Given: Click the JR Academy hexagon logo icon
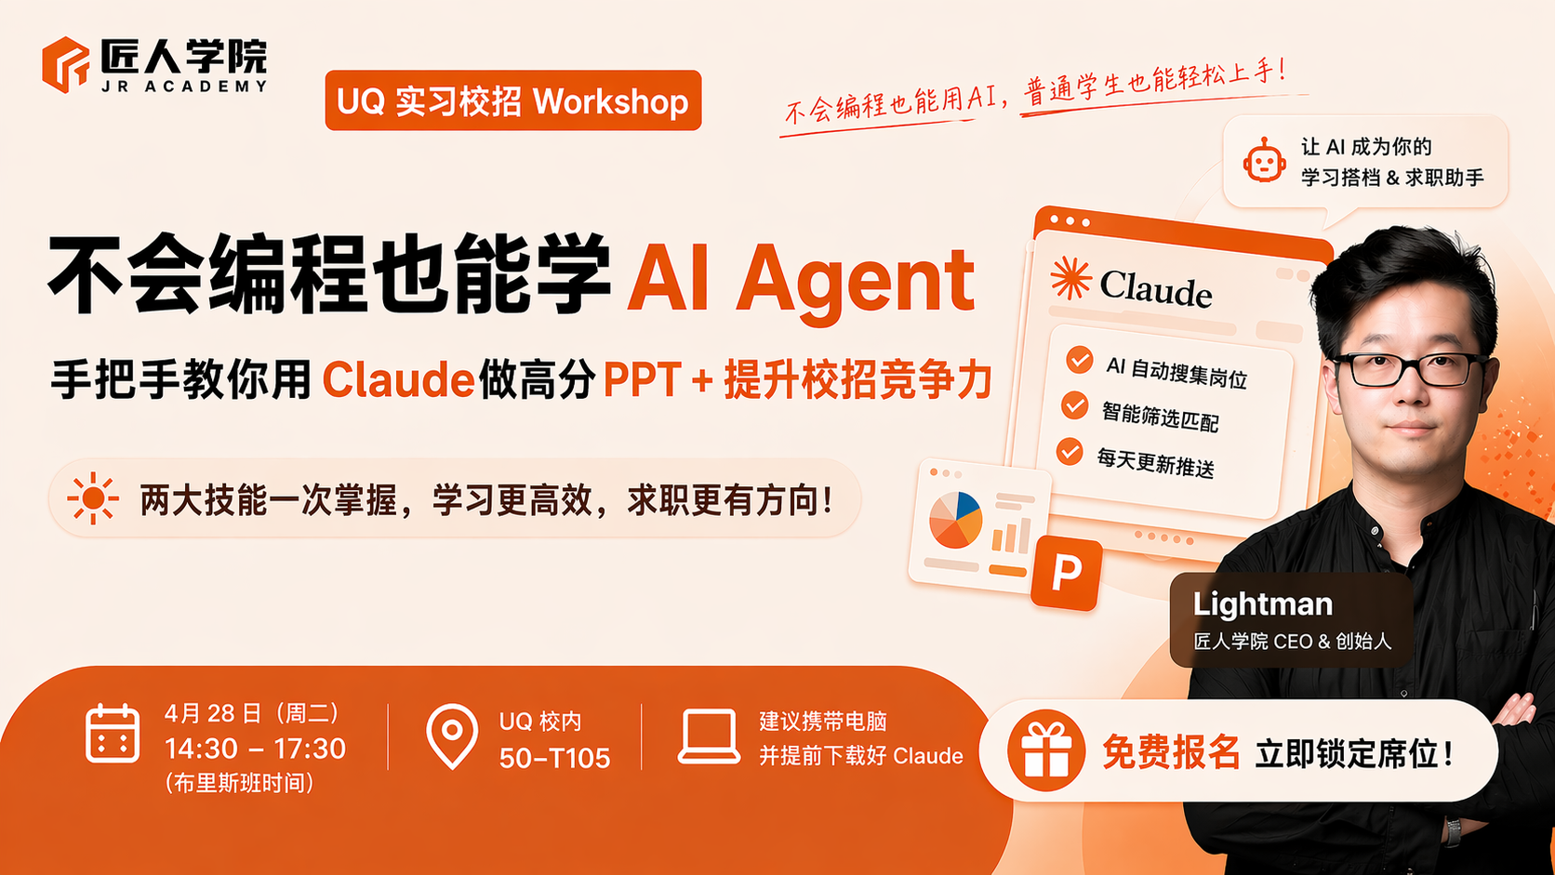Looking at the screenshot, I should click(66, 64).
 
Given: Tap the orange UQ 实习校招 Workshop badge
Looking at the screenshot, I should click(512, 100).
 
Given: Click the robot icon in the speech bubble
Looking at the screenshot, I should click(1264, 161).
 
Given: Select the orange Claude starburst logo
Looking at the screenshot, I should click(1070, 278).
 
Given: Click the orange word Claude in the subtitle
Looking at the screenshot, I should click(398, 380).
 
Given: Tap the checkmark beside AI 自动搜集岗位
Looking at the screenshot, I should click(1079, 360).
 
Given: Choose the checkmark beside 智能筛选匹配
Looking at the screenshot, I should click(1074, 405).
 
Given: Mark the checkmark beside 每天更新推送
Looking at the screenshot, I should click(1070, 452).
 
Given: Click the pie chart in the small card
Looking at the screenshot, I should click(955, 520).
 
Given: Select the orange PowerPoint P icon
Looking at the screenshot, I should click(1066, 573).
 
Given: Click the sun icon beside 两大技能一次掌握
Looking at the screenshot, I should click(93, 498).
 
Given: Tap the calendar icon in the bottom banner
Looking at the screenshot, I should click(113, 734).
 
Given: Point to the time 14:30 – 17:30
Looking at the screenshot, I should click(255, 749).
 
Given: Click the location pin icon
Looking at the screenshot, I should click(452, 736).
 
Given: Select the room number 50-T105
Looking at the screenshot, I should click(554, 759).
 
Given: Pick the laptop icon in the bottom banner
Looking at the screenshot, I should click(709, 737).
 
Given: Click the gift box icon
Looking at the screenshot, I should click(1045, 751).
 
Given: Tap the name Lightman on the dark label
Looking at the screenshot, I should click(1262, 604).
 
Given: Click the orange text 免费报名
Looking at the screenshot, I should click(1171, 752).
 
